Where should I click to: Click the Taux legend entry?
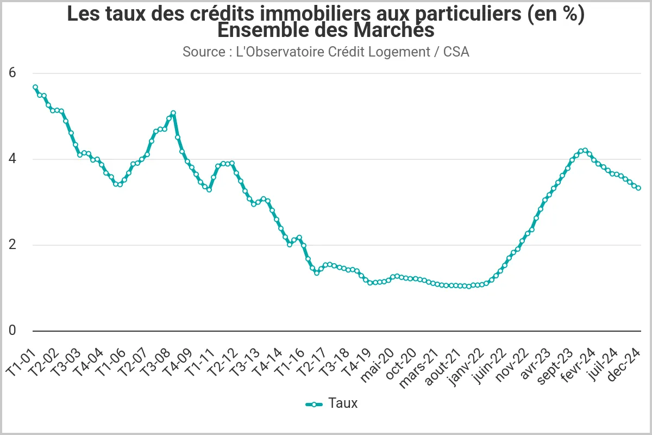(332, 403)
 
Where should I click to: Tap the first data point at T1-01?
(35, 87)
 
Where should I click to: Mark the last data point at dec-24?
(638, 188)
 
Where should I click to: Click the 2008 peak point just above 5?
(173, 113)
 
